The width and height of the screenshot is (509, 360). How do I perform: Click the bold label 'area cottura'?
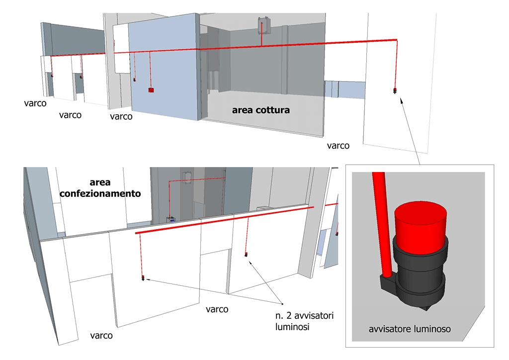pyautogui.click(x=260, y=110)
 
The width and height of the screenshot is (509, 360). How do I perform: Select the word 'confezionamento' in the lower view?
pyautogui.click(x=99, y=193)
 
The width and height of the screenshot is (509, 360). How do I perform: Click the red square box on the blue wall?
pyautogui.click(x=151, y=90)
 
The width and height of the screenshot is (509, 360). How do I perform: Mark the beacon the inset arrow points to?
pyautogui.click(x=395, y=91)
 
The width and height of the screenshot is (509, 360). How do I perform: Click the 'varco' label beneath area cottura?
pyautogui.click(x=338, y=146)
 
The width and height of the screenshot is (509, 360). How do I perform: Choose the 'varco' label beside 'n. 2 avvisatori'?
pyautogui.click(x=217, y=309)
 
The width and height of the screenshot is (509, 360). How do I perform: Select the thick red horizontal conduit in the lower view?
pyautogui.click(x=224, y=220)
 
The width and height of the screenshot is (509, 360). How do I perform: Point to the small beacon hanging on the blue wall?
pyautogui.click(x=135, y=79)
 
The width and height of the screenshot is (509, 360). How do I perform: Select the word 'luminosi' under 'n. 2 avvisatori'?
pyautogui.click(x=292, y=327)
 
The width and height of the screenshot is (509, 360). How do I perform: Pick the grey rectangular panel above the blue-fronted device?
pyautogui.click(x=187, y=177)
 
